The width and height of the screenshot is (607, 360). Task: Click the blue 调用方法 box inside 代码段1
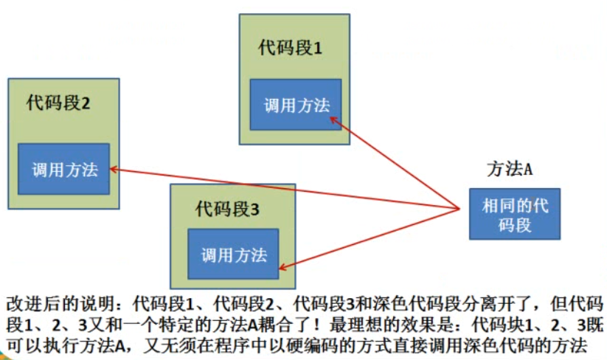[x=296, y=105]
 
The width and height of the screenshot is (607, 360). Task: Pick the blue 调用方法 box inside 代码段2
[x=64, y=169]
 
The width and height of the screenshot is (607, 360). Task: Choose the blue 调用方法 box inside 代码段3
[x=234, y=255]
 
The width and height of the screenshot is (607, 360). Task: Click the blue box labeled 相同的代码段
[x=515, y=214]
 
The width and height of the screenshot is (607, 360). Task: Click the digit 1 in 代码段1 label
[x=318, y=49]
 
